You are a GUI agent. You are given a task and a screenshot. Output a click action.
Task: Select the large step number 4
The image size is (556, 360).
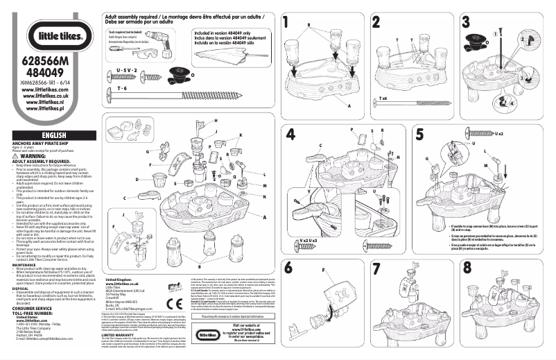(x=290, y=134)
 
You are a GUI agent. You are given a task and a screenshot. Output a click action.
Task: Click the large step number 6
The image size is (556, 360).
(x=288, y=267)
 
